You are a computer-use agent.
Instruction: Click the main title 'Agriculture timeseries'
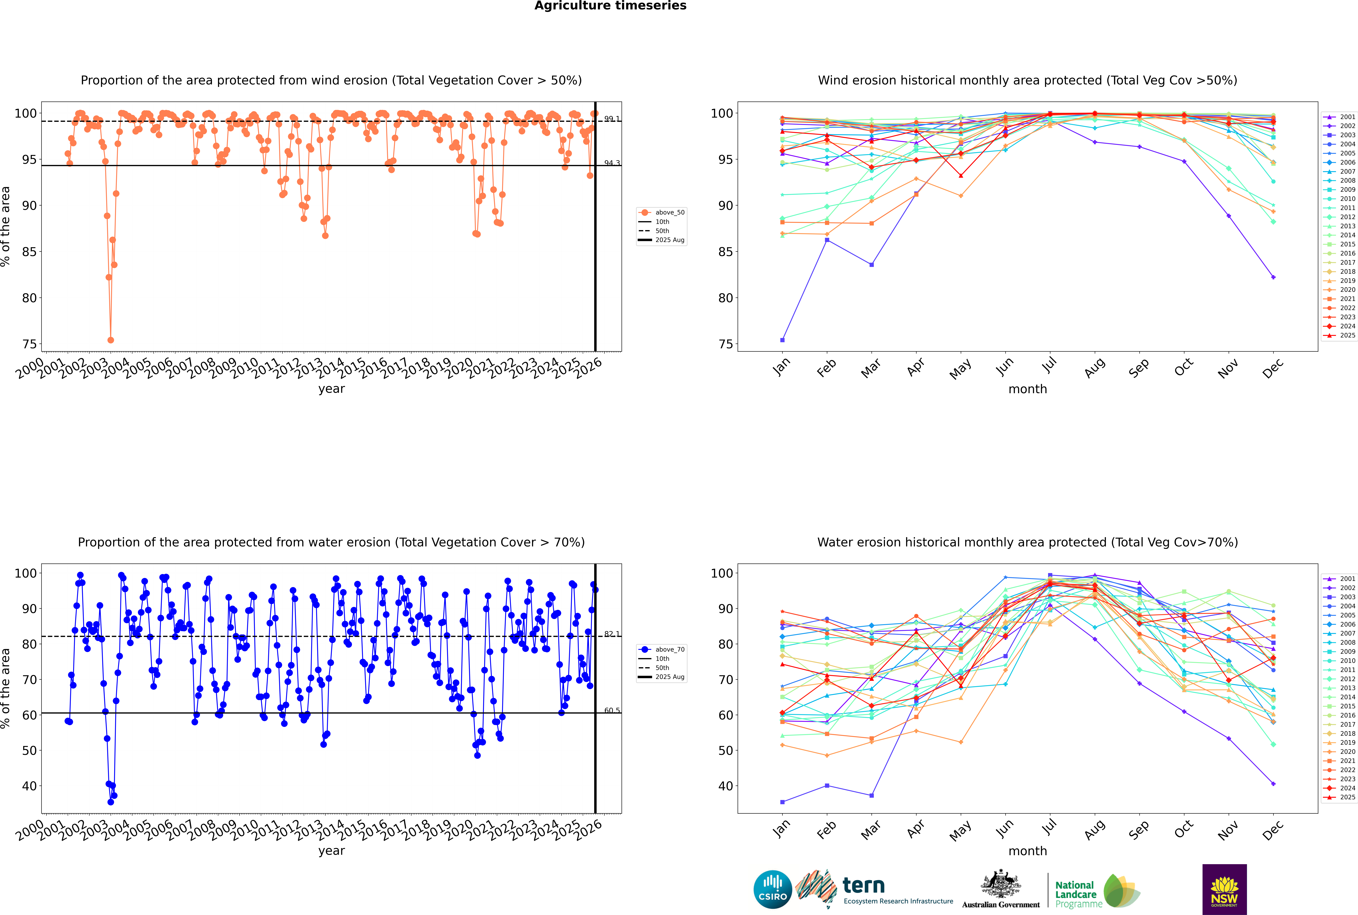click(610, 6)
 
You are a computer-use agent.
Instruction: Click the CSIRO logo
click(772, 889)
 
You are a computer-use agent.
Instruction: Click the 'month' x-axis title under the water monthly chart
click(1028, 851)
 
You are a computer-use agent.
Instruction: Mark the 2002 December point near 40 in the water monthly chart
click(1273, 784)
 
